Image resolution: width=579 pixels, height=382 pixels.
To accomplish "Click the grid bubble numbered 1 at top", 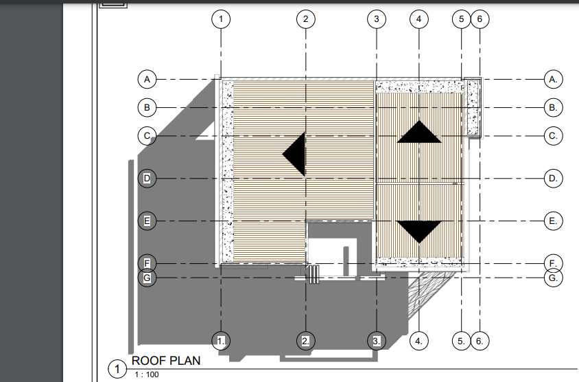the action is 221,19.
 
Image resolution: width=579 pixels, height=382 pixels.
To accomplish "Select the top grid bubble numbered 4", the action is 419,19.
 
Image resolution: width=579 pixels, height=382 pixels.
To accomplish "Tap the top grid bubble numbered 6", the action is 480,19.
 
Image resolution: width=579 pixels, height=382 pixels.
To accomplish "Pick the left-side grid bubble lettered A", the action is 147,79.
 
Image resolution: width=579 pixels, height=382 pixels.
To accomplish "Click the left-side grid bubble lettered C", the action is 147,136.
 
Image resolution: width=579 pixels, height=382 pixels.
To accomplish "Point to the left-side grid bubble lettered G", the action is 147,278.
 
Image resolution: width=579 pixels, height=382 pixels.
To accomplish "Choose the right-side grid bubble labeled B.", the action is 553,108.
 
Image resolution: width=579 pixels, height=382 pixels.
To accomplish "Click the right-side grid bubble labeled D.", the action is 553,178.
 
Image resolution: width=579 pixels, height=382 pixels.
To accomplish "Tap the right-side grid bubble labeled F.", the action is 553,263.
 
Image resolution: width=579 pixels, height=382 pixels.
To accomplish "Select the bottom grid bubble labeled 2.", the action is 306,341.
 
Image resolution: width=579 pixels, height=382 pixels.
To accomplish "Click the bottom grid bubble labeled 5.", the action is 462,341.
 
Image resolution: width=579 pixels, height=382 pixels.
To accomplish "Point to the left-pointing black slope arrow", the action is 294,154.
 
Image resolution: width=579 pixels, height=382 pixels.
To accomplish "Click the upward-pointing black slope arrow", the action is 419,132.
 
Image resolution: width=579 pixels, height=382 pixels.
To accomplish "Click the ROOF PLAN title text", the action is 166,361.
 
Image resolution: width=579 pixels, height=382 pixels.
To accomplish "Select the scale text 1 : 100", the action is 147,374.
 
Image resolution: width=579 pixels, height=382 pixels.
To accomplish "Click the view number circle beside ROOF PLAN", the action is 117,369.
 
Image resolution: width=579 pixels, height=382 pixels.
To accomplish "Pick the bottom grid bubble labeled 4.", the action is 419,341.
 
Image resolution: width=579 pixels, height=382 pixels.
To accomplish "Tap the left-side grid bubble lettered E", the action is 147,221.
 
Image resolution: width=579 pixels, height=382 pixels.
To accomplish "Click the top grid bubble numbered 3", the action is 377,19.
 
